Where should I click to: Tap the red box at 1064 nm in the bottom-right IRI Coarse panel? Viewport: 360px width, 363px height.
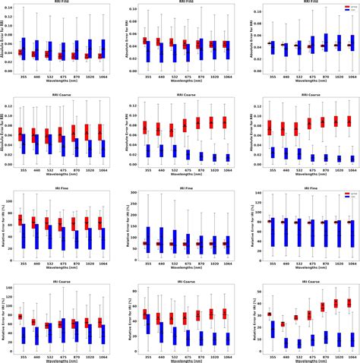[349, 302]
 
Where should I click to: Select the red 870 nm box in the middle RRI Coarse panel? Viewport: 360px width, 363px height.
[198, 122]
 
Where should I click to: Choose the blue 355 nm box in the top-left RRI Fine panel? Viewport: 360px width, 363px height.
[24, 49]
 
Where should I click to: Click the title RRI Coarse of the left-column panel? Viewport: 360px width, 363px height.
[60, 96]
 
